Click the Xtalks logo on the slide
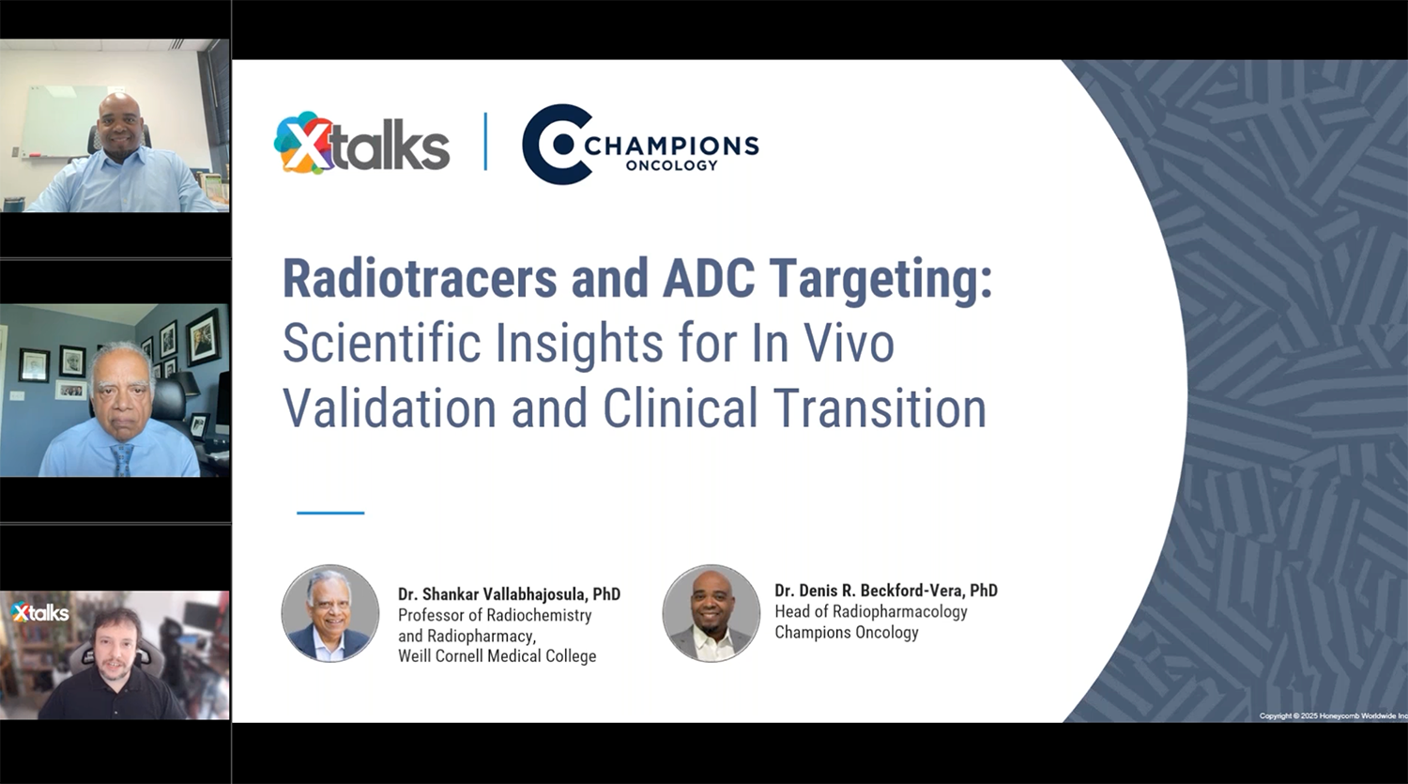(361, 144)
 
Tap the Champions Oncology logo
(640, 145)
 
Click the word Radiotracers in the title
(420, 279)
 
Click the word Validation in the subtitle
(390, 408)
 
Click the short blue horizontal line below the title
(330, 513)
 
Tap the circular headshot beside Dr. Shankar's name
(330, 613)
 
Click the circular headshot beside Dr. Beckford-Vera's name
(712, 613)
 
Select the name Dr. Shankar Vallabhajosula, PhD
(509, 594)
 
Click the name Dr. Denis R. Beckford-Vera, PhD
(886, 591)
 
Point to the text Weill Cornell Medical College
(497, 656)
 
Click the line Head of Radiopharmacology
(870, 611)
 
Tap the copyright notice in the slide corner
(1333, 716)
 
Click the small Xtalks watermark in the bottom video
(40, 612)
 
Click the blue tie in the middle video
(122, 459)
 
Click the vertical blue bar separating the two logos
(485, 142)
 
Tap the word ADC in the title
(709, 279)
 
